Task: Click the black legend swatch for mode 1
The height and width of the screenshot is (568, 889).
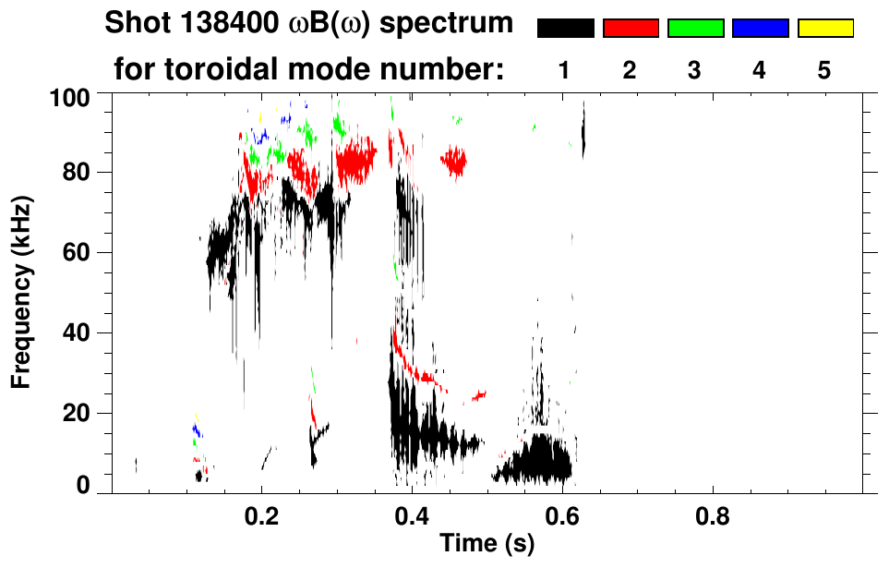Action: [565, 29]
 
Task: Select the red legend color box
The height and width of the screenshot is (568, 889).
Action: [631, 29]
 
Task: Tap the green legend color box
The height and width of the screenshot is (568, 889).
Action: [695, 29]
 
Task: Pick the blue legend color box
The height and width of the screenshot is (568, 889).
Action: [760, 29]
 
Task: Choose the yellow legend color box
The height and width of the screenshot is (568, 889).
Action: [824, 29]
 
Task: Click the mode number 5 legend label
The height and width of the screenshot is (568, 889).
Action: [824, 71]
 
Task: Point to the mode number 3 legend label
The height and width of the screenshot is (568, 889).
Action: [695, 71]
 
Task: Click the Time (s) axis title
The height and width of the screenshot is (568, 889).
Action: [487, 545]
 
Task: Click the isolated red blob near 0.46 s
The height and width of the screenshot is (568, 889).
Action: [453, 162]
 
